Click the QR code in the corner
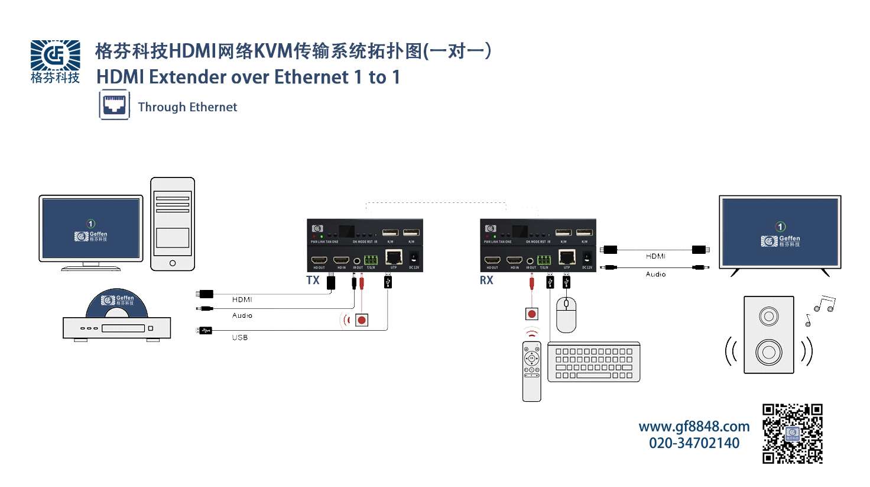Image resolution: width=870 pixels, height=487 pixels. coord(792,434)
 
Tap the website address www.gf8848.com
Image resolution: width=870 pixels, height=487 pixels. coord(694,427)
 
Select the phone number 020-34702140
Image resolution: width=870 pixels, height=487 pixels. coord(694,443)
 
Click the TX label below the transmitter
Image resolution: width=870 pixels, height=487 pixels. coord(313,280)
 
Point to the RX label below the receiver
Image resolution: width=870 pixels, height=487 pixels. coord(486,280)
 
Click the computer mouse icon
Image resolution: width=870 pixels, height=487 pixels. coord(566,314)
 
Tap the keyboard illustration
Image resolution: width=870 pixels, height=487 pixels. coord(593,362)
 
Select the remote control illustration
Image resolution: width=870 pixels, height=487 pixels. coord(531,371)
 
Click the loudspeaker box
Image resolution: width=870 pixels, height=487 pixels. coord(768,335)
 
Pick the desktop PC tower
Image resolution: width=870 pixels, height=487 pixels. coord(173,224)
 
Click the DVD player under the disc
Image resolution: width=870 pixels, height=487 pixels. coord(116,328)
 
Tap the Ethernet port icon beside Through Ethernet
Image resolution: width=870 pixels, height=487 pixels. coord(114,105)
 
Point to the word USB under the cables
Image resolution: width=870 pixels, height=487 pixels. coord(239,337)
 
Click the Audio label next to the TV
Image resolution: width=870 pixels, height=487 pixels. coord(655,275)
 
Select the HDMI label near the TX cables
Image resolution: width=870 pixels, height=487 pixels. coord(242,299)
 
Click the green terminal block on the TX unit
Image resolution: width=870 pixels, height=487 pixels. coord(371,260)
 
